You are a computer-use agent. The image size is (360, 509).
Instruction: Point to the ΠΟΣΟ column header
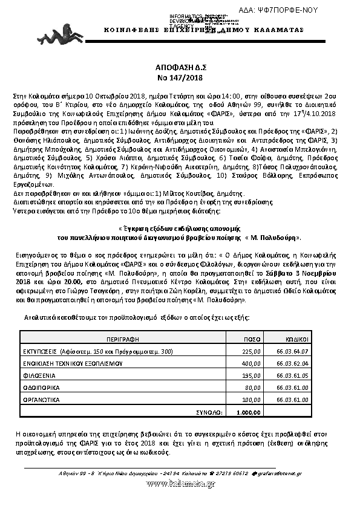tap(252, 339)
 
